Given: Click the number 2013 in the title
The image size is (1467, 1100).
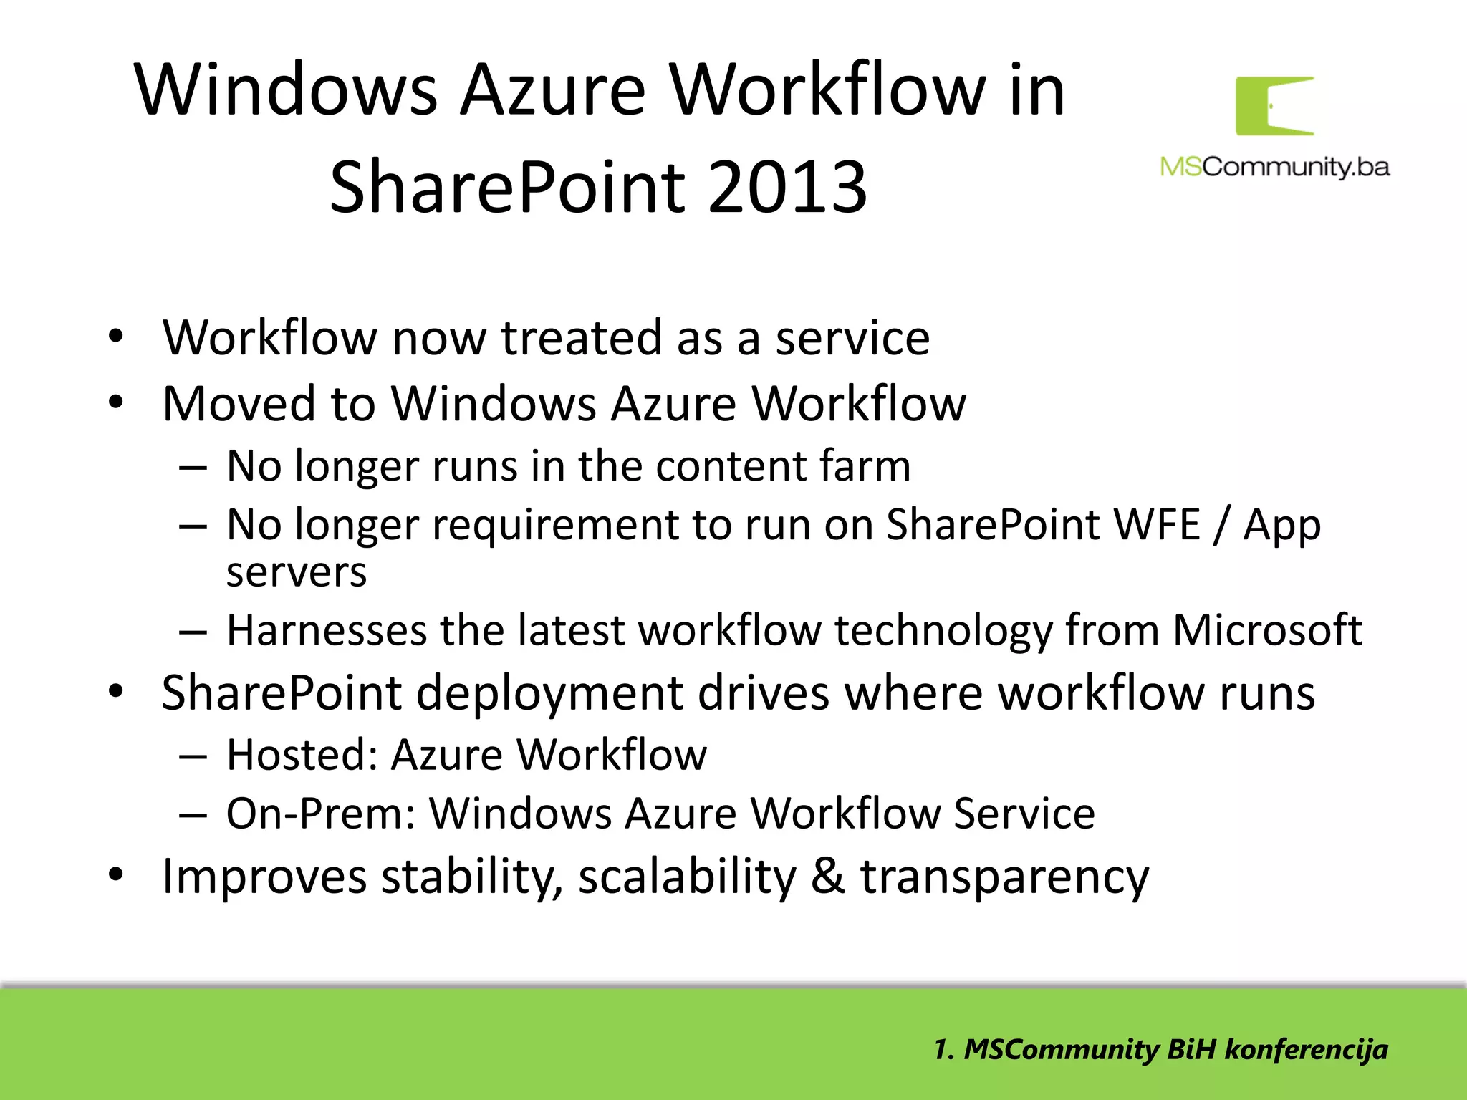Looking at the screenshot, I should pos(788,188).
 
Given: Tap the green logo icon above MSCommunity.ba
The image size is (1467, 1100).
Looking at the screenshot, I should pos(1274,106).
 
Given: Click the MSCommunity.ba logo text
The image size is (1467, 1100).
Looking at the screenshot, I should pos(1274,167).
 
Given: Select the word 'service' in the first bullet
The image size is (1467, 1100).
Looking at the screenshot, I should pos(852,338).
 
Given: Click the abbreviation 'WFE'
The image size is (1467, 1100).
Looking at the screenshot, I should pos(1156,525).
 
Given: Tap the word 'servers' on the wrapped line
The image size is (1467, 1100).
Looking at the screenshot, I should pos(297,573).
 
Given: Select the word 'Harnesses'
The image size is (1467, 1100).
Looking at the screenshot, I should pos(326,630).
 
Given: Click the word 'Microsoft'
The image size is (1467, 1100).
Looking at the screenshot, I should pos(1266,630).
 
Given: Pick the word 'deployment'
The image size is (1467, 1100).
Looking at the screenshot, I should pos(549,693).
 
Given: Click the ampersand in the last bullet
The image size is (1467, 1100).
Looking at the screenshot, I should pos(827,877).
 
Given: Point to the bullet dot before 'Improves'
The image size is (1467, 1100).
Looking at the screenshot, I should pos(116,875).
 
